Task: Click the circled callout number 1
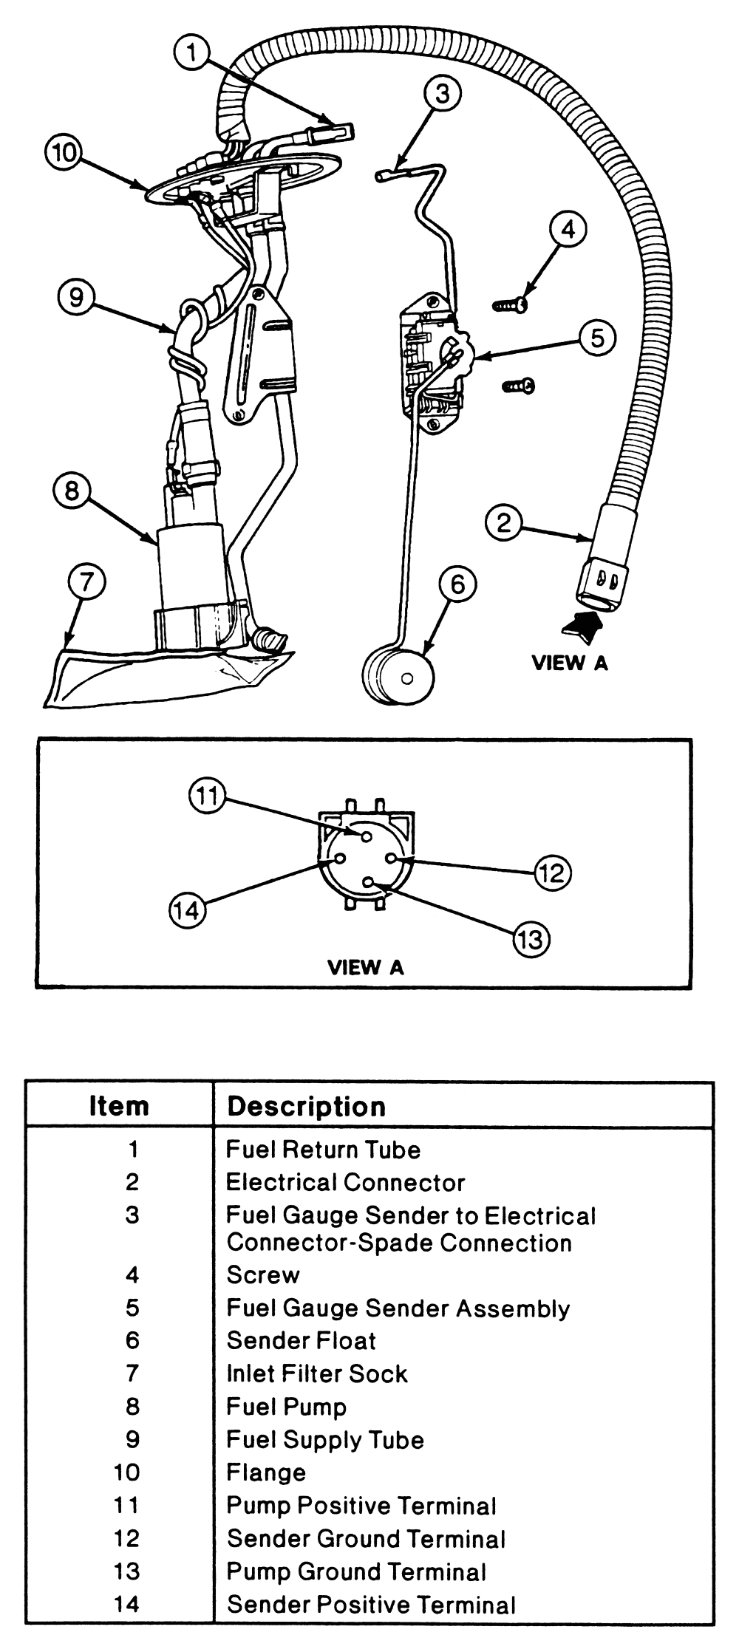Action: [192, 53]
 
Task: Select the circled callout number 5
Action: [597, 338]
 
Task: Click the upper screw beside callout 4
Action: [511, 304]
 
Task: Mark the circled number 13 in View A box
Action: [531, 940]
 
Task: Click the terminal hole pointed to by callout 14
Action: [340, 859]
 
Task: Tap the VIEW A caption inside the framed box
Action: [365, 967]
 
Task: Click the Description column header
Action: [306, 1107]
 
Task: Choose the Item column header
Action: [119, 1107]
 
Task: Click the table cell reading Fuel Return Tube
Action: [323, 1150]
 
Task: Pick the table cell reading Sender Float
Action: [301, 1340]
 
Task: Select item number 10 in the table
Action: [126, 1472]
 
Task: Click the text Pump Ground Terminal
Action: [355, 1571]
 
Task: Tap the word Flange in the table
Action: [265, 1472]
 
